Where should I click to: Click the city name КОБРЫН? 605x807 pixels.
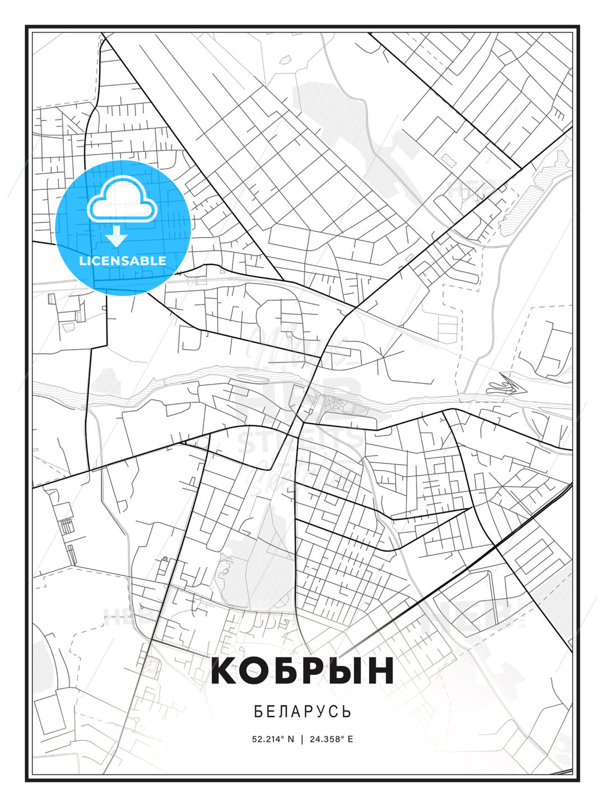(302, 671)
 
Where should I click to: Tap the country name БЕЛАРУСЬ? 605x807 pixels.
(302, 711)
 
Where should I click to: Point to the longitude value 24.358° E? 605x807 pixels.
(331, 739)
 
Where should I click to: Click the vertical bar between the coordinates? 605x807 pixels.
(302, 739)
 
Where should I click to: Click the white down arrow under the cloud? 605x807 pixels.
(117, 236)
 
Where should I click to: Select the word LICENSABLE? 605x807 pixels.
(123, 261)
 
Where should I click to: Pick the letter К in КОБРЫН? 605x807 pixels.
(226, 671)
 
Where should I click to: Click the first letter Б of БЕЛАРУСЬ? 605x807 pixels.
(258, 711)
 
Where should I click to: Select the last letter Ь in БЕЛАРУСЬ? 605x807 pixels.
(347, 711)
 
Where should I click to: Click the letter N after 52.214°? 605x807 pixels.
(291, 739)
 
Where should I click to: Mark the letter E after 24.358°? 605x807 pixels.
(350, 739)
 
